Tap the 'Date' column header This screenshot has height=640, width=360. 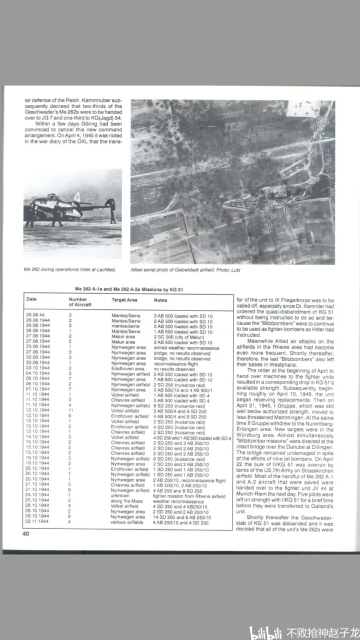pos(32,299)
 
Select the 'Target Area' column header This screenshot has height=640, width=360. pos(124,300)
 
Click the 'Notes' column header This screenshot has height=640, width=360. pos(160,300)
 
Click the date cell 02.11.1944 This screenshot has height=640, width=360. pos(37,522)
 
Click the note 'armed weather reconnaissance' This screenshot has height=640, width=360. pos(186,348)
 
